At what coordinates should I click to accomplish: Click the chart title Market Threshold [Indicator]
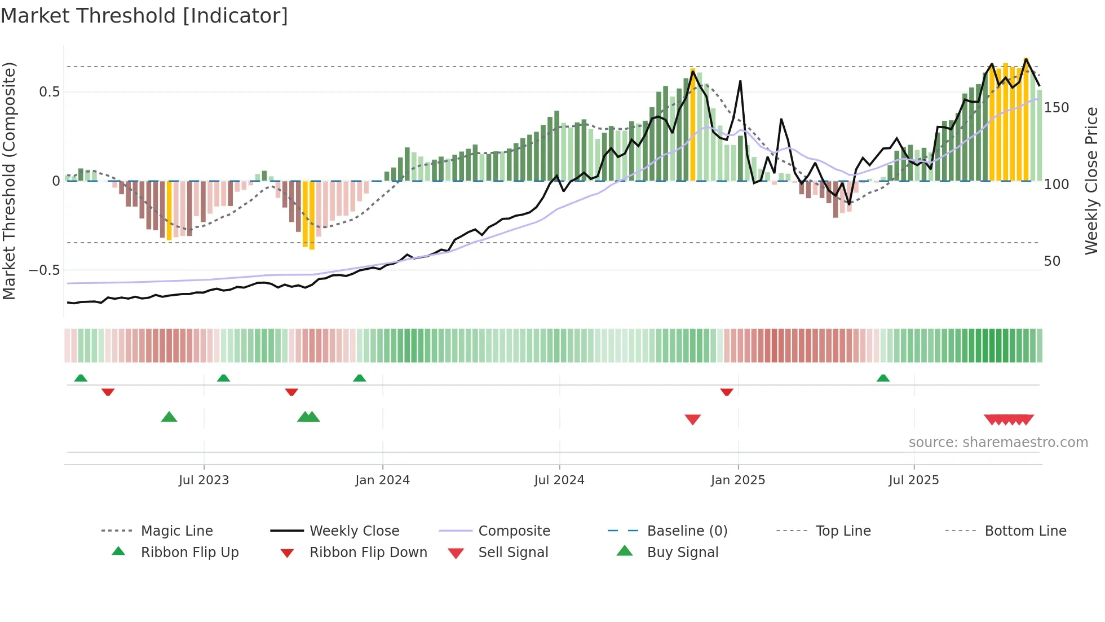[x=144, y=16]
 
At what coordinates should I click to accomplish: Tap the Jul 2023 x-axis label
[x=204, y=480]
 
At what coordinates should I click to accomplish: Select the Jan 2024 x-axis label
[x=382, y=480]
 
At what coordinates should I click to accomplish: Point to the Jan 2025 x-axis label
[x=737, y=480]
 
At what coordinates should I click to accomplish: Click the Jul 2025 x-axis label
[x=913, y=480]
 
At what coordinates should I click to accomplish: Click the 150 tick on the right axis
[x=1056, y=108]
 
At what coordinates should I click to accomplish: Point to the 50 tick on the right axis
[x=1052, y=261]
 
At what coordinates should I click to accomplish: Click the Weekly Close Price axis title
[x=1091, y=181]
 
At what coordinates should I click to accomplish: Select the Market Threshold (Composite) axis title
[x=9, y=181]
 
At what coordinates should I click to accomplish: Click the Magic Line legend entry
[x=176, y=531]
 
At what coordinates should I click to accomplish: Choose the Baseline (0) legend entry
[x=687, y=531]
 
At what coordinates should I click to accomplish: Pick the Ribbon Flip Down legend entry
[x=368, y=553]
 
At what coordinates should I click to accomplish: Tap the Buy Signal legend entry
[x=682, y=553]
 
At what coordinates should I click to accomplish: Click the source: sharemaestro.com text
[x=998, y=443]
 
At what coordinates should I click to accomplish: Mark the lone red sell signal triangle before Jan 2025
[x=692, y=419]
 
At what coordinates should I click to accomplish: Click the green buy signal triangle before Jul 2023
[x=169, y=417]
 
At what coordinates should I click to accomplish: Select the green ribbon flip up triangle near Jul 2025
[x=883, y=378]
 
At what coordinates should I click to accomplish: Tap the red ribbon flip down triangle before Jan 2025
[x=726, y=392]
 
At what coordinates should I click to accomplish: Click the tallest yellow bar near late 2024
[x=693, y=124]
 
